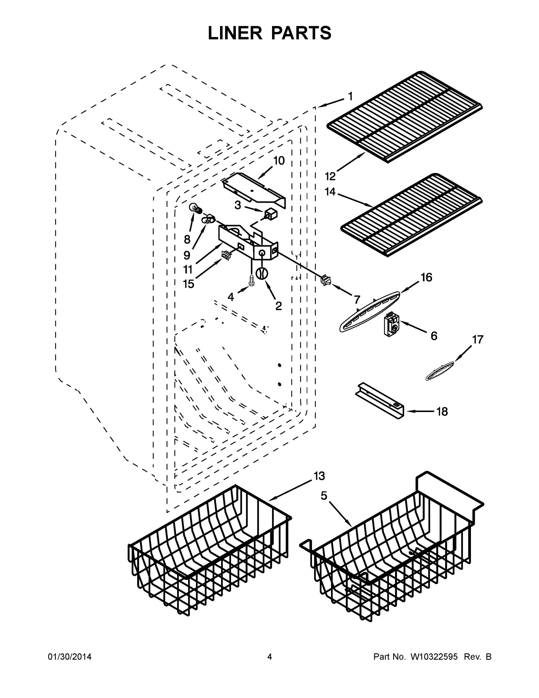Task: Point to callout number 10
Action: tap(279, 161)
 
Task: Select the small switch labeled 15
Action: tap(226, 255)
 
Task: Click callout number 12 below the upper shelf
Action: tap(330, 176)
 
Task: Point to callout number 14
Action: tap(330, 192)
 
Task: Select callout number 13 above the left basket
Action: tap(319, 476)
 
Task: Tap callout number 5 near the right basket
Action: tap(324, 496)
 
